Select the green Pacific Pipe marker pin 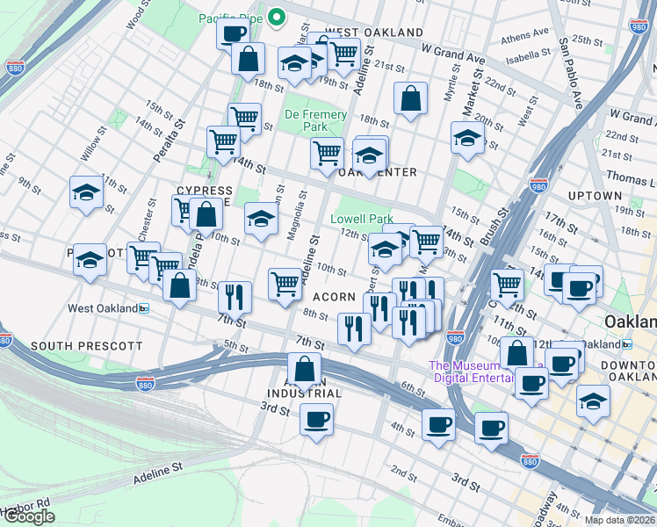point(276,16)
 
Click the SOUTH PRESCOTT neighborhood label point(74,346)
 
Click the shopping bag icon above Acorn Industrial point(304,369)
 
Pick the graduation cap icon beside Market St point(467,137)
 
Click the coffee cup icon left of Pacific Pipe point(233,33)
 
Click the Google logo point(29,516)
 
